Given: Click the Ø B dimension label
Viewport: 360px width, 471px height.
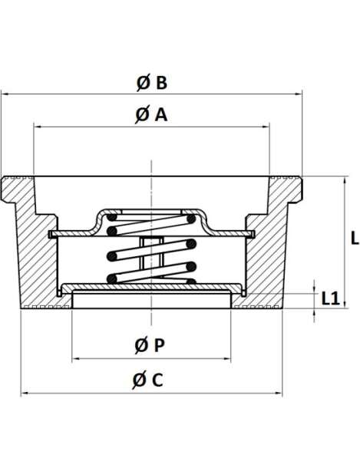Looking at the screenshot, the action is coord(152,83).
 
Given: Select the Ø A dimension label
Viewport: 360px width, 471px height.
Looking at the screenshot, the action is coord(151,115).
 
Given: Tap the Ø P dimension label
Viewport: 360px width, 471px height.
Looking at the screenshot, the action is coord(150,345).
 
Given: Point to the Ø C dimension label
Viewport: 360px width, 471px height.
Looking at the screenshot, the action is coord(148,380).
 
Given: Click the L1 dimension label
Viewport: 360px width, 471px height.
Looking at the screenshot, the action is coord(331,298).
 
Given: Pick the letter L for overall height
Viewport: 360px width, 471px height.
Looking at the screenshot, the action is coord(355,239).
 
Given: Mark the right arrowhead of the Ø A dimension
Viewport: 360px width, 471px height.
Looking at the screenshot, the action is coord(266,127).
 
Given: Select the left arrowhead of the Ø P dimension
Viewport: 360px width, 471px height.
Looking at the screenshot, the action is coord(76,358).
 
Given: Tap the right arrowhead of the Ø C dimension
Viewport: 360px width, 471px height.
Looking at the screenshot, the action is coord(279,393).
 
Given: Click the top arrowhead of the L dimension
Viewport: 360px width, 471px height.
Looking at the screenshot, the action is coord(345,180).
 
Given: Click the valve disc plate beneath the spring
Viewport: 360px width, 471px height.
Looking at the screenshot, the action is coord(151,287).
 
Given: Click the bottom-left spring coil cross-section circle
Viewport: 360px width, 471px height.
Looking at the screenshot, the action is coord(112,278).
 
